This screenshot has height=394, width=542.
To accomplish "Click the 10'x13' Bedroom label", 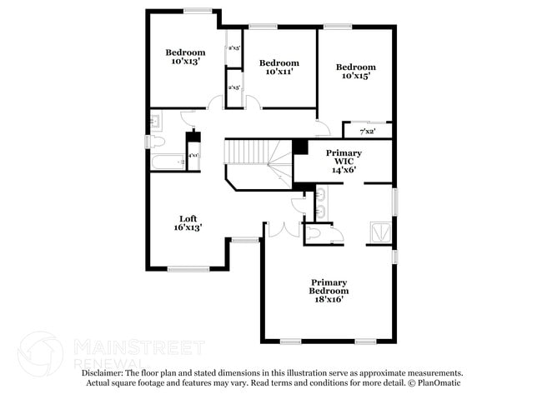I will pos(185,56).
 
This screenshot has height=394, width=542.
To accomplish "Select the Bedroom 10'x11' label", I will pos(279,67).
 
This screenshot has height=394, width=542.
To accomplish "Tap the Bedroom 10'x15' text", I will pos(356,71).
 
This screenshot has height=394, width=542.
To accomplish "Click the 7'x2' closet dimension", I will pos(368,131).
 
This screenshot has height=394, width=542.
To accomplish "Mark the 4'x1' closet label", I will pos(193,156).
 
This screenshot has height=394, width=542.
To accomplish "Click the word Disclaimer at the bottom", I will pos(103,373).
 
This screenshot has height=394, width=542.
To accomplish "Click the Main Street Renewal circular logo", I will pos(39,353).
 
